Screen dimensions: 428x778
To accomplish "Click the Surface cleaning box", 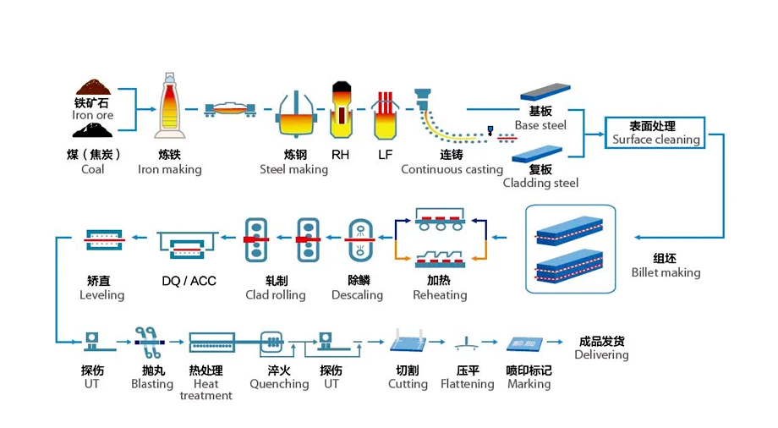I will coord(655,133).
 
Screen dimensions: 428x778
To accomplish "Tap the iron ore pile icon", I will coord(93,87).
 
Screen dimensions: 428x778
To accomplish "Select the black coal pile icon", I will coord(93,129).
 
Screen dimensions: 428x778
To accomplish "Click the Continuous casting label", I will coord(452,169).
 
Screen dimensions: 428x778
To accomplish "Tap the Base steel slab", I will coord(543,93).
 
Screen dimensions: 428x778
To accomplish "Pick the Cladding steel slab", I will coord(539,153).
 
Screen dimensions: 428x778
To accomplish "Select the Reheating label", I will coord(440,295).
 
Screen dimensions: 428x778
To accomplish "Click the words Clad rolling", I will coord(276,295).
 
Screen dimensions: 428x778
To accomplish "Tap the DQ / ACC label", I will coord(189,281).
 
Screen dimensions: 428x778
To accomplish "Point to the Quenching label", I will coord(279,384).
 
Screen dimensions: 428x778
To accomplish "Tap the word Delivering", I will coord(601,355).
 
